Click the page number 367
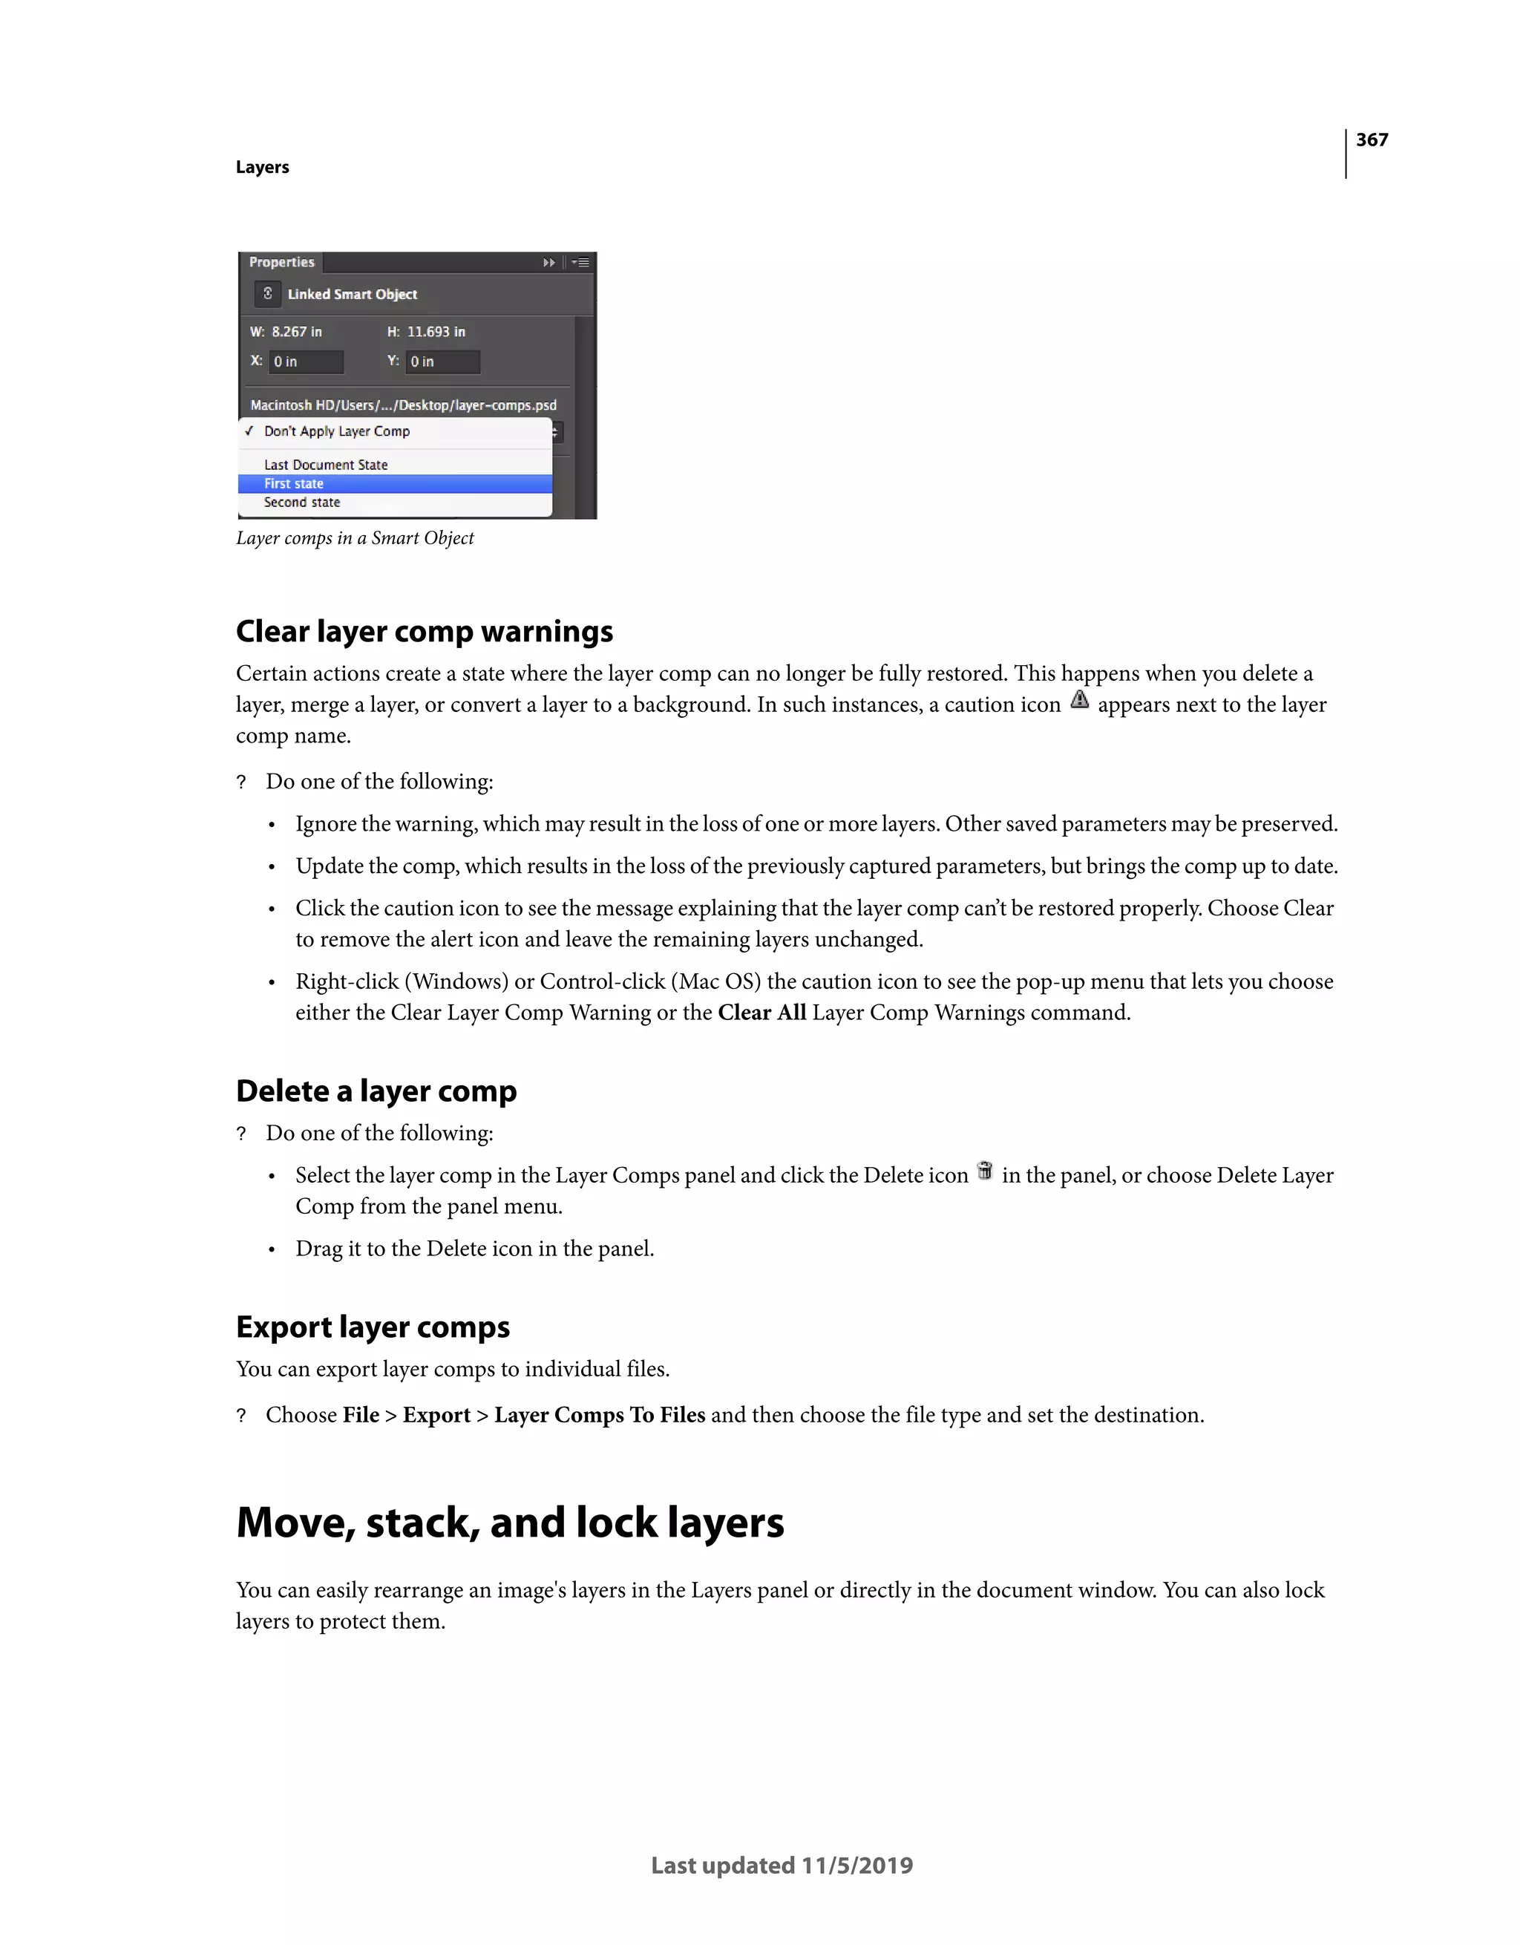pos(1372,140)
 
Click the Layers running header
pos(262,168)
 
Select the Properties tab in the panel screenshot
pos(281,262)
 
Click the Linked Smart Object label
pos(352,294)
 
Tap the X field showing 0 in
pos(306,362)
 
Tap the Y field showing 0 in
pos(442,362)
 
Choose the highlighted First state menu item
pos(294,483)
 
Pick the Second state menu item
pos(302,503)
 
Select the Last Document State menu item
pos(326,465)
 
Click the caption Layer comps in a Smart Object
pos(355,538)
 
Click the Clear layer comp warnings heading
pos(424,632)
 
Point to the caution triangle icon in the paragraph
pos(1079,700)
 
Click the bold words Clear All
pos(761,1013)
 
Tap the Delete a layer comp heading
pos(376,1091)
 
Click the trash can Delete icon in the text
pos(984,1171)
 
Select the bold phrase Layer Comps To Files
pos(599,1415)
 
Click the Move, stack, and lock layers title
pos(509,1523)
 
